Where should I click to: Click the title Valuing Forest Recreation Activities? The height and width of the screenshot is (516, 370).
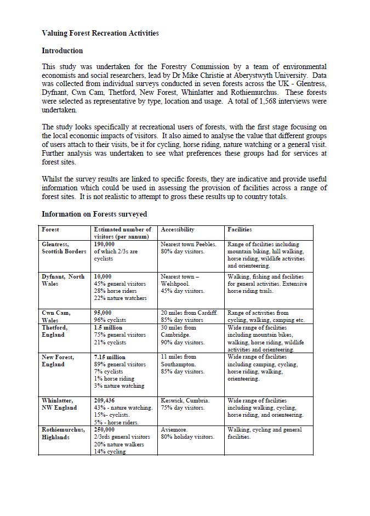coord(100,33)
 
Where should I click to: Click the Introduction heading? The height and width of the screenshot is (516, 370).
coord(62,51)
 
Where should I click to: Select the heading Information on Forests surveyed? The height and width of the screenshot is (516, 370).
coord(94,214)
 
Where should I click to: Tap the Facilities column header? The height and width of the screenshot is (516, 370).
coord(240,229)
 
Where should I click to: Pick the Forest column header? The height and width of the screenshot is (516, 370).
coord(50,229)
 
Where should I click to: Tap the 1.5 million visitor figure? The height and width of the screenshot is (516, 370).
coord(108,327)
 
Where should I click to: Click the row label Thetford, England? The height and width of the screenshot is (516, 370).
coord(54,331)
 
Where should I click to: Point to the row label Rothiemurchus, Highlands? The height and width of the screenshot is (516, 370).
coord(64,433)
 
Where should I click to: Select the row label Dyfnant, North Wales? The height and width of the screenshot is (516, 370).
coord(63,280)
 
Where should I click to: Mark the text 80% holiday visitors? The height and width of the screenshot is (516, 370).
coord(188,437)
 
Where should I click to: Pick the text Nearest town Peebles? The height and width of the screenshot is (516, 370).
coord(189,244)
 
